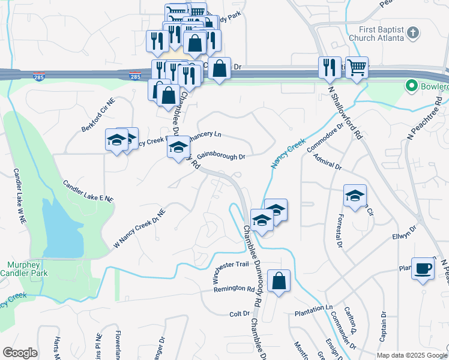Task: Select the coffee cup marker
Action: click(423, 268)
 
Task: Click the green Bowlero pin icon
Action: click(412, 86)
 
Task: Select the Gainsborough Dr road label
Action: click(221, 155)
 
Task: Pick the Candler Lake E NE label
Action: click(88, 190)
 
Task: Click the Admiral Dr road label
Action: click(327, 161)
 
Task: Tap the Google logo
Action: click(20, 353)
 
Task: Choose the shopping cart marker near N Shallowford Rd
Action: click(357, 68)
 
